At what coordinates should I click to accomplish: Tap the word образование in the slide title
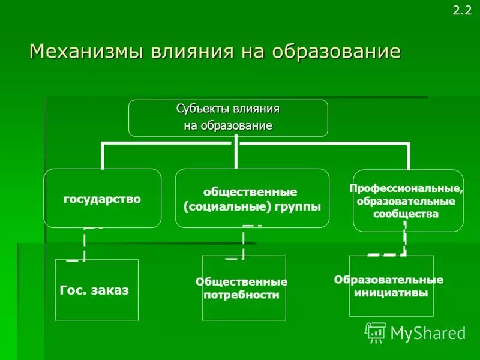click(336, 52)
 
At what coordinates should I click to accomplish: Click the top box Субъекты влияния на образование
click(228, 118)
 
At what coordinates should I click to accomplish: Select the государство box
click(103, 198)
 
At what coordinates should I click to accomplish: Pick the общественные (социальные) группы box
click(252, 198)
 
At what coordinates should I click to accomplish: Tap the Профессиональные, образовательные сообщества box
click(408, 200)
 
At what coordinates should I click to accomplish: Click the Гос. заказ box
click(97, 290)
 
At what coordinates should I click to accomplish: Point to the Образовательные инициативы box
click(391, 286)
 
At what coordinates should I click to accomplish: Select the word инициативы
click(391, 293)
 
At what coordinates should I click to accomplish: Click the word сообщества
click(406, 214)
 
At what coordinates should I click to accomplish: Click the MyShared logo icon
click(376, 332)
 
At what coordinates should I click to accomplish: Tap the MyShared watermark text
click(428, 332)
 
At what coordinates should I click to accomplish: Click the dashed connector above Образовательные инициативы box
click(404, 240)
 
